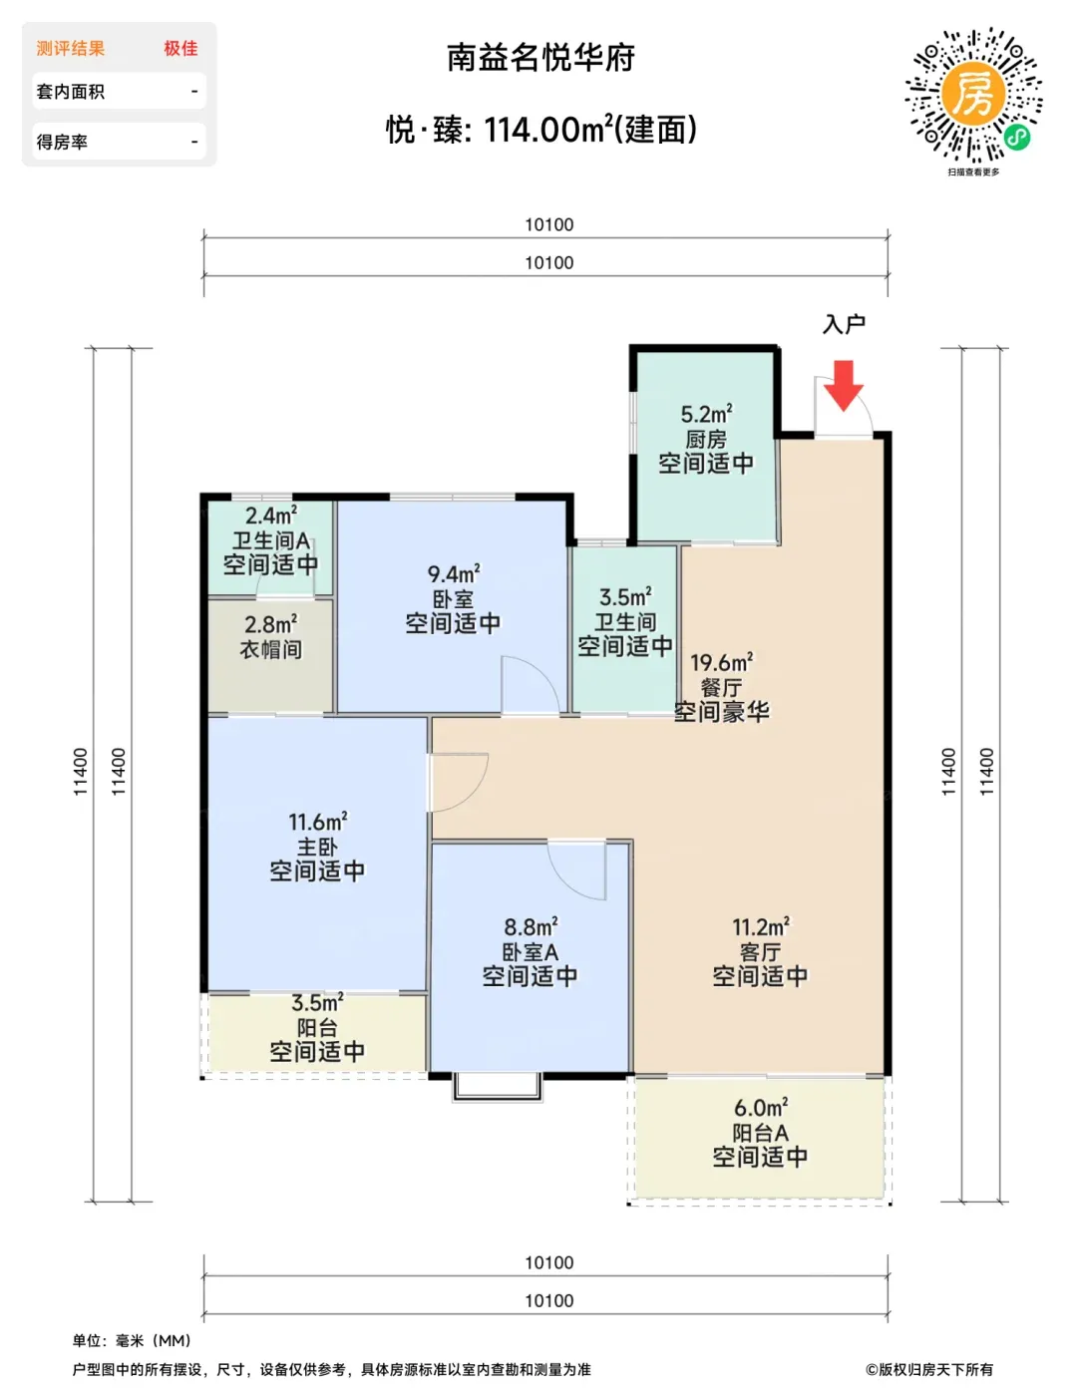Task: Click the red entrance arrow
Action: tap(843, 385)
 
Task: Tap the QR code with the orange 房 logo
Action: tap(972, 95)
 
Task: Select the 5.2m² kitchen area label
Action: tap(706, 415)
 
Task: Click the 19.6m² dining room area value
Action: tap(721, 662)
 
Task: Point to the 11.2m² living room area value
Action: tap(761, 927)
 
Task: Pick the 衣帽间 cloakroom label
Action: tap(270, 649)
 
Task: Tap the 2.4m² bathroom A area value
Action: tap(270, 516)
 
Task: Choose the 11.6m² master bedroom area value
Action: tap(317, 821)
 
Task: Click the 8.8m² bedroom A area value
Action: tap(531, 927)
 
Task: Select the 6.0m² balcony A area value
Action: tap(761, 1108)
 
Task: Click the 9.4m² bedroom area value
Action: tap(454, 573)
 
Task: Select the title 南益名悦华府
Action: tap(541, 58)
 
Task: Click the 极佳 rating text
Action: tap(180, 48)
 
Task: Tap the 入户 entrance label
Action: tap(844, 324)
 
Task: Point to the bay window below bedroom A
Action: tap(498, 1086)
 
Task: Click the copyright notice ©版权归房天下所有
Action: tap(928, 1370)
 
